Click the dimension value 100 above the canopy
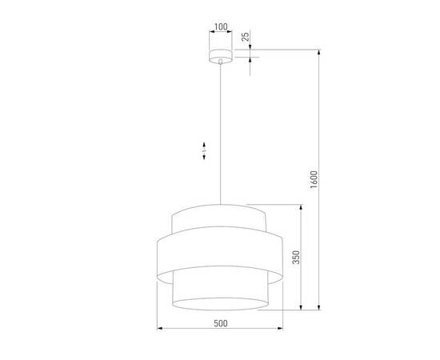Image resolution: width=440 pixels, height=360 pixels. click(x=220, y=27)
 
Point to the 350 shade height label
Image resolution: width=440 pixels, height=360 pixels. click(x=295, y=257)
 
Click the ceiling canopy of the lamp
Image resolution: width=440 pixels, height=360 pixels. click(x=220, y=57)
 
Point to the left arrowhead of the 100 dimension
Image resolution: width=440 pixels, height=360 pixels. click(x=211, y=33)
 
